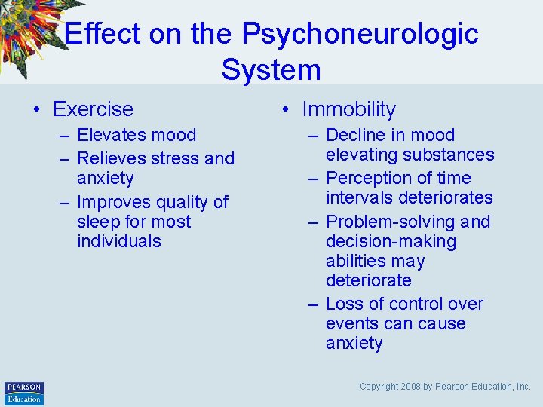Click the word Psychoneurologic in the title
tap(360, 34)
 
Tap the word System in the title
tap(271, 70)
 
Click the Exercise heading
tap(93, 109)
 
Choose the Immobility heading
tap(348, 109)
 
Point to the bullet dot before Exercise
tap(37, 110)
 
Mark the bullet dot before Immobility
tap(286, 110)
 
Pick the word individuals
tap(118, 242)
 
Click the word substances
tap(451, 155)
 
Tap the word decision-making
tap(391, 242)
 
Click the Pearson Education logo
tap(24, 393)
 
